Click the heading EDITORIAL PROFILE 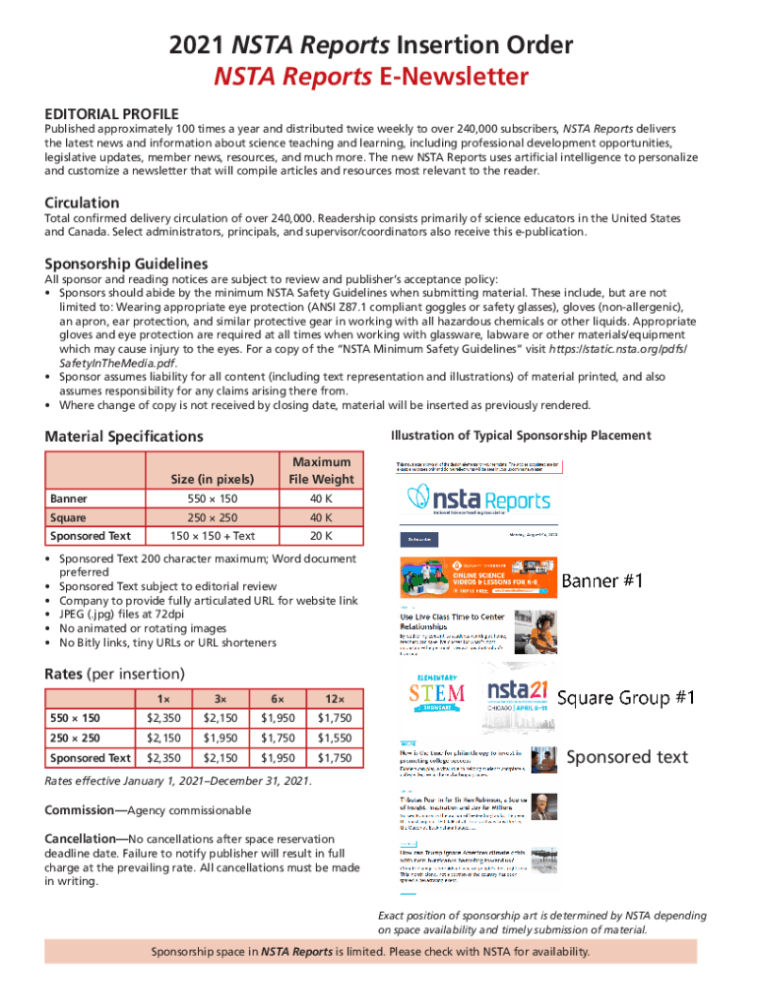[111, 113]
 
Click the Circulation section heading [82, 203]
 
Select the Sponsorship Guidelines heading [126, 264]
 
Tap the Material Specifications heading [124, 436]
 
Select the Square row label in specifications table [68, 517]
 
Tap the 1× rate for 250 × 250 [162, 738]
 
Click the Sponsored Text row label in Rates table [91, 757]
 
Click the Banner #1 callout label [602, 581]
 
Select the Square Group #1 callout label [626, 698]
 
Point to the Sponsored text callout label [626, 756]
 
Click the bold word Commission [84, 810]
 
